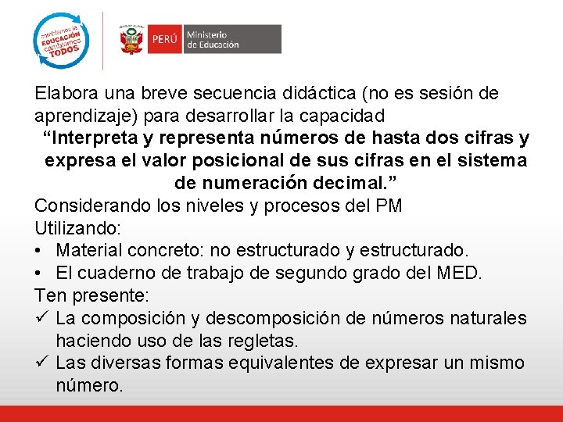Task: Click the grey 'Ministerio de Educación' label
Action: pos(232,39)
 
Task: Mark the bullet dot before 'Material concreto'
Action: pos(39,252)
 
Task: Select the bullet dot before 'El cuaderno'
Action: pos(39,274)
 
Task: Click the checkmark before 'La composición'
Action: pos(41,319)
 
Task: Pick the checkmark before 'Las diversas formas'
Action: pos(41,363)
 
